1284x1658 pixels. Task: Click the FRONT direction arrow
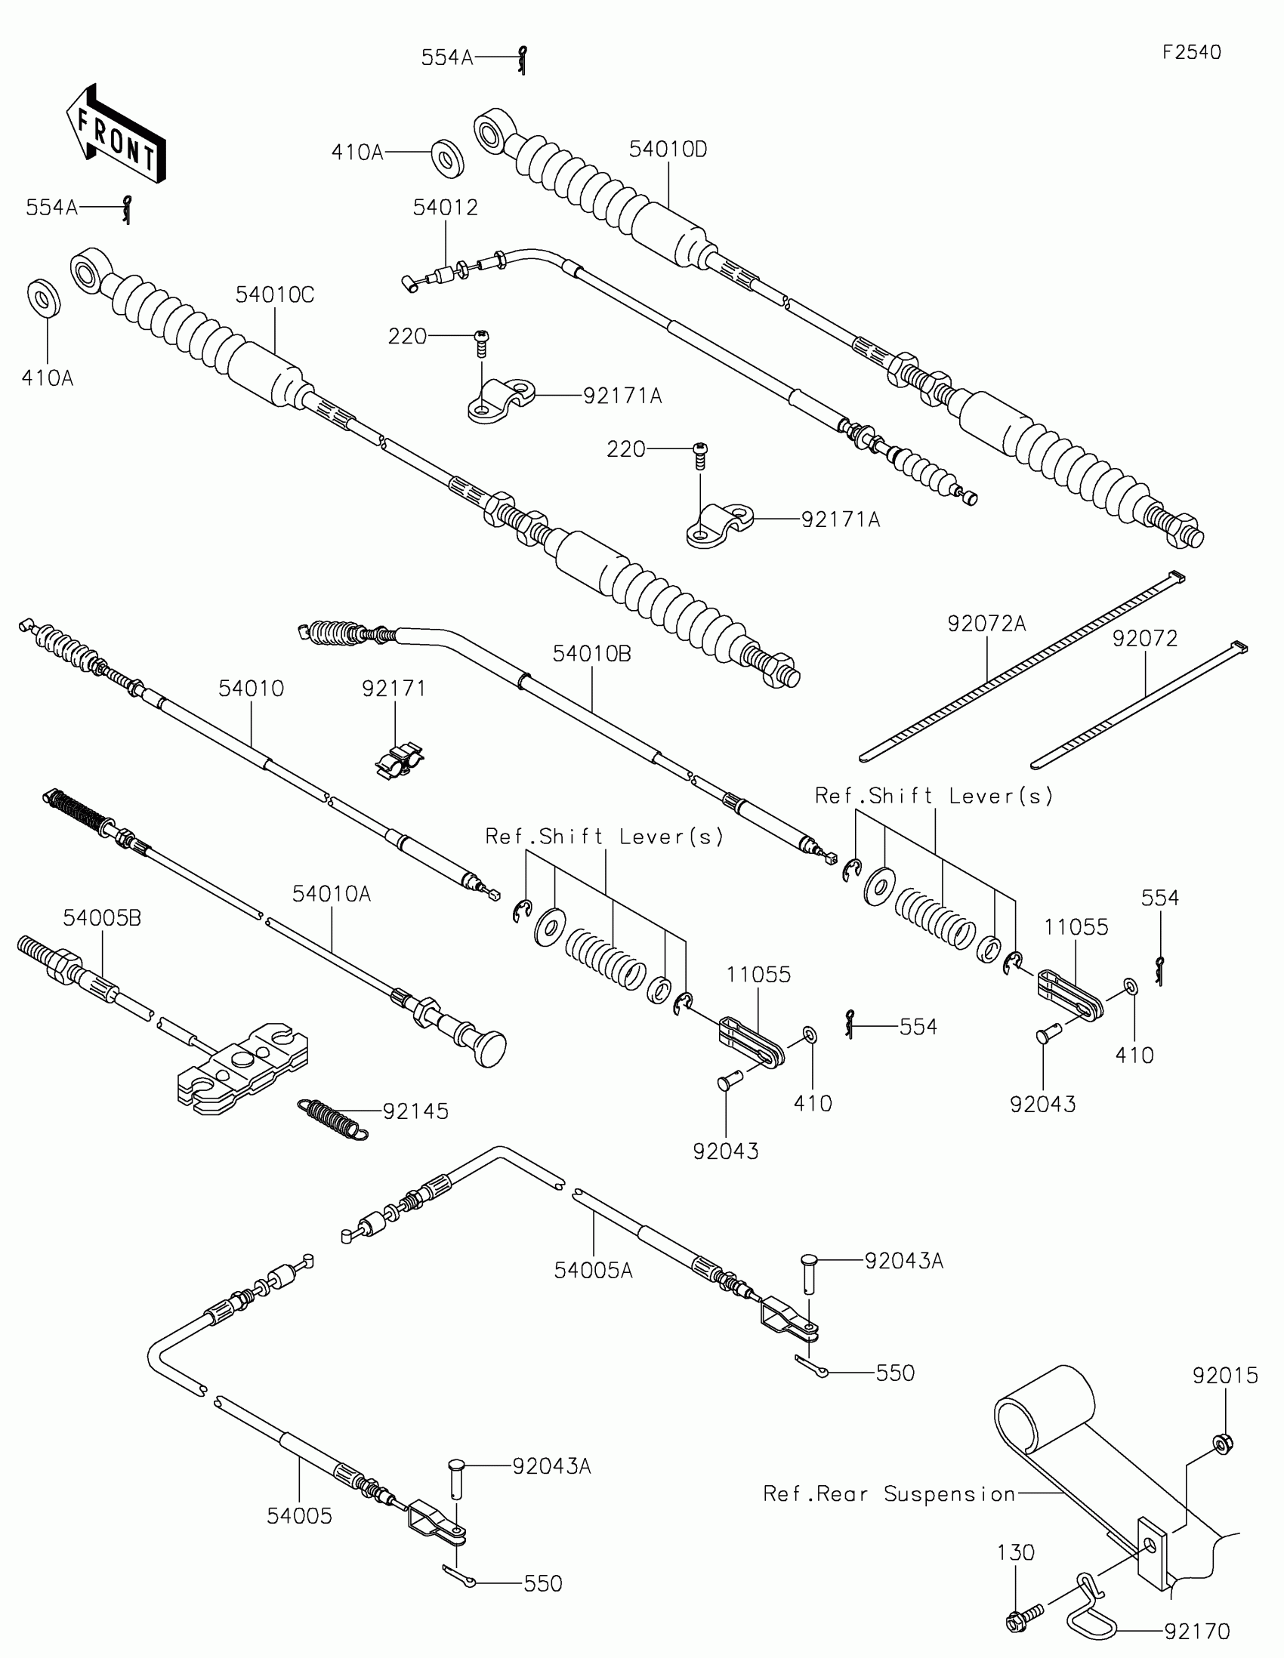116,134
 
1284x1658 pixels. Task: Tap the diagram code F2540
1191,52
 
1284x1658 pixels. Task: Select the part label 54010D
668,149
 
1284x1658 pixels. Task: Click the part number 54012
445,207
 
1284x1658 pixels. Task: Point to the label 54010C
274,294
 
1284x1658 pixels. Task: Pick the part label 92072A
986,624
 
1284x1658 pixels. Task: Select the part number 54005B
102,918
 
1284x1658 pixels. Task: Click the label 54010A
331,894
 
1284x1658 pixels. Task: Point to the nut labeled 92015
1222,1443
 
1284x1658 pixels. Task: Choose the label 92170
1196,1631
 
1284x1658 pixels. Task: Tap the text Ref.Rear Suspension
889,1494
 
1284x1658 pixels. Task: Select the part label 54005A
593,1270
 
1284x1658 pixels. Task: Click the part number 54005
299,1516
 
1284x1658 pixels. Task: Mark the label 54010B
591,654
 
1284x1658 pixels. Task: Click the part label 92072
1144,639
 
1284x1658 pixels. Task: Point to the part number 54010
251,689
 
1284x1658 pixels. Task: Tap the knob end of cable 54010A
489,1049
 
